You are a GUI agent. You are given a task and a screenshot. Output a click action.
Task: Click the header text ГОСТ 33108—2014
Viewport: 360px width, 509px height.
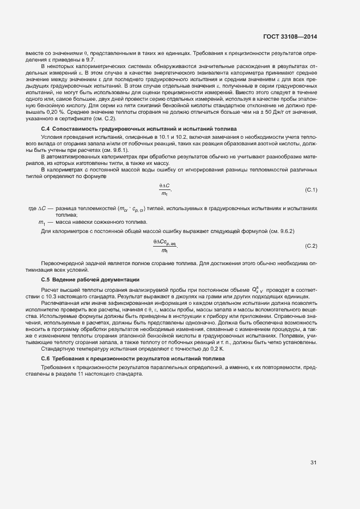pos(289,37)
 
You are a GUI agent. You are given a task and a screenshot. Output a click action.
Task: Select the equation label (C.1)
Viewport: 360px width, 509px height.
pos(310,189)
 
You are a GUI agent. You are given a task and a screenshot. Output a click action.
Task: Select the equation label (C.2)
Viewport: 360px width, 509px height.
pos(310,246)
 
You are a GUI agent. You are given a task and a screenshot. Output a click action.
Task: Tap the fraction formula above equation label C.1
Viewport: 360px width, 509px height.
pos(164,189)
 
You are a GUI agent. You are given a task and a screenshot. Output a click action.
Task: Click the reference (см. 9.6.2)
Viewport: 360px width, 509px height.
pos(279,231)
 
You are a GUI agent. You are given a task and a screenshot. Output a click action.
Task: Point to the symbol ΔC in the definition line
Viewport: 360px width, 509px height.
pos(33,208)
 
